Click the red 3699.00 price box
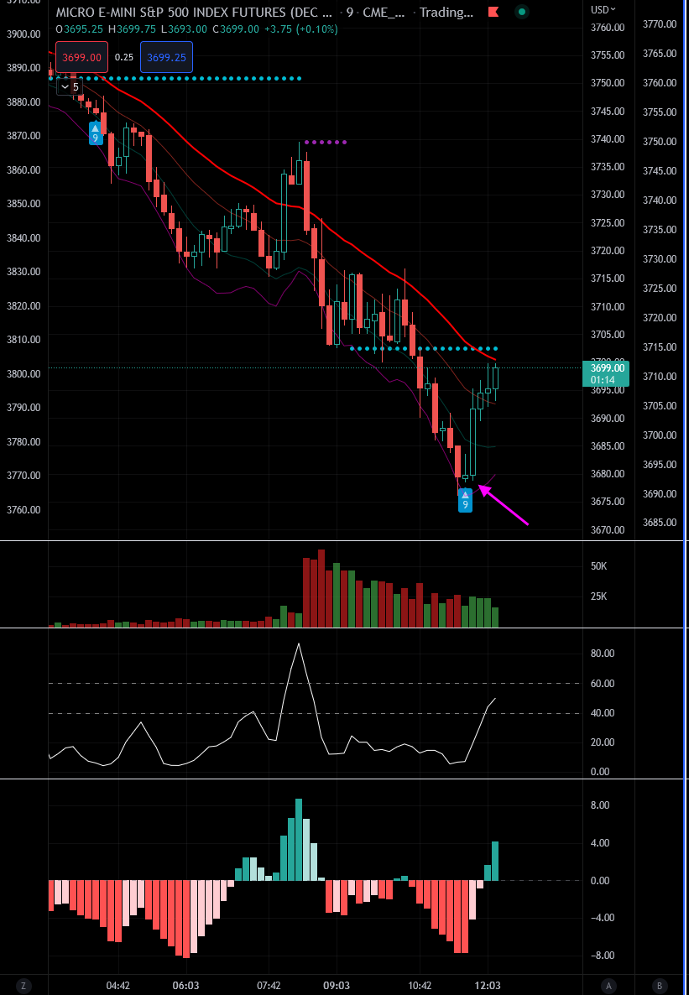(x=81, y=57)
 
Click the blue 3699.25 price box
(x=167, y=57)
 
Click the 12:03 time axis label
(x=488, y=985)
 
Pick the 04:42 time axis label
(x=117, y=985)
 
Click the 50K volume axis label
(x=598, y=566)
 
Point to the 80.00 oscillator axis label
(x=603, y=654)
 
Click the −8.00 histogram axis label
(x=602, y=956)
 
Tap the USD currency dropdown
(x=603, y=9)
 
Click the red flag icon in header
(x=494, y=12)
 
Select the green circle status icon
(x=521, y=12)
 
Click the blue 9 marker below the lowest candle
(x=464, y=501)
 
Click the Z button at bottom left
(x=24, y=985)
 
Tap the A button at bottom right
(x=608, y=985)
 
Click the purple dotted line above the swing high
(x=326, y=142)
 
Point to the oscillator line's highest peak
(x=298, y=644)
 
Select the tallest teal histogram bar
(x=298, y=839)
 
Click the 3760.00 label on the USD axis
(x=607, y=28)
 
